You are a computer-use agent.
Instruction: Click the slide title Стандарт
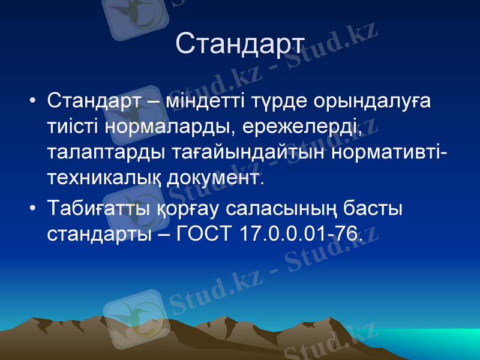pos(241,43)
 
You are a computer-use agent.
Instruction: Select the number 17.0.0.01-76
pos(301,235)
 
